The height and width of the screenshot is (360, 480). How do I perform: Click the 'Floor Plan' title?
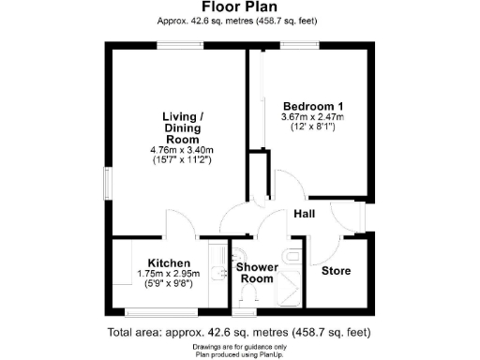point(240,7)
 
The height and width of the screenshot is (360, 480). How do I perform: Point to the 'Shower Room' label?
point(255,273)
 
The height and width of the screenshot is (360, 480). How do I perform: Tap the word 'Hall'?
point(304,214)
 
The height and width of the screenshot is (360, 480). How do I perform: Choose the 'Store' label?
point(337,271)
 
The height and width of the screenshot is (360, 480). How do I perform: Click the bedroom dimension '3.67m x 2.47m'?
point(313,117)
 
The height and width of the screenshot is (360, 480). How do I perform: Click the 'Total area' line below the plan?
point(240,332)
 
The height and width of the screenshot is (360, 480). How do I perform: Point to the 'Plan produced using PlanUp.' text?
point(240,354)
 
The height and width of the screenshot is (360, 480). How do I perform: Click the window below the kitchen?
point(160,312)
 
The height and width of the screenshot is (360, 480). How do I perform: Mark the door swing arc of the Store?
point(328,246)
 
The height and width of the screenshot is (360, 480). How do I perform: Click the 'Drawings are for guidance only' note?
point(240,347)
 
